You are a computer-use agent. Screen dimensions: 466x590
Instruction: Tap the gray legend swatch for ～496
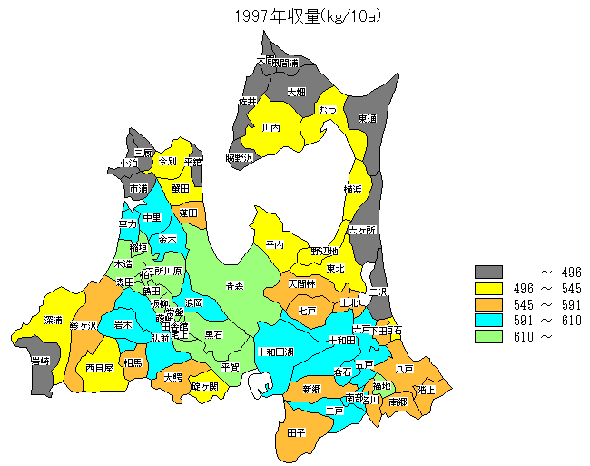tap(488, 272)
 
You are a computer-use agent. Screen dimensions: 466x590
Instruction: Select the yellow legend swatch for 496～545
tap(488, 288)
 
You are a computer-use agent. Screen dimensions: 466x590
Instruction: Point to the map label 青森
tap(235, 286)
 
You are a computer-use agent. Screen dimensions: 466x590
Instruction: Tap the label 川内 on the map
tap(270, 128)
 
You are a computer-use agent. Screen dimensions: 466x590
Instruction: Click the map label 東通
tap(367, 118)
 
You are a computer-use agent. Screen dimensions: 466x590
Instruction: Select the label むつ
tap(328, 110)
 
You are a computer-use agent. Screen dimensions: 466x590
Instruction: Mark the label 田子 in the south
tap(296, 433)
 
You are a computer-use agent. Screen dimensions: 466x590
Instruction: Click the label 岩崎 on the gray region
tap(40, 362)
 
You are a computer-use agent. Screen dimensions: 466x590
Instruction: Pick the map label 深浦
tap(53, 321)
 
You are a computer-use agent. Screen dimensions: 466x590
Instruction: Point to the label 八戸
tap(404, 369)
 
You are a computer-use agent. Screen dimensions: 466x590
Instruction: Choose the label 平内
tap(275, 244)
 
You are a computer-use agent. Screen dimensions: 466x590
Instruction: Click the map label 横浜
tap(353, 189)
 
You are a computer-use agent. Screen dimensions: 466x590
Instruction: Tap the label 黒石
tap(214, 334)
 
